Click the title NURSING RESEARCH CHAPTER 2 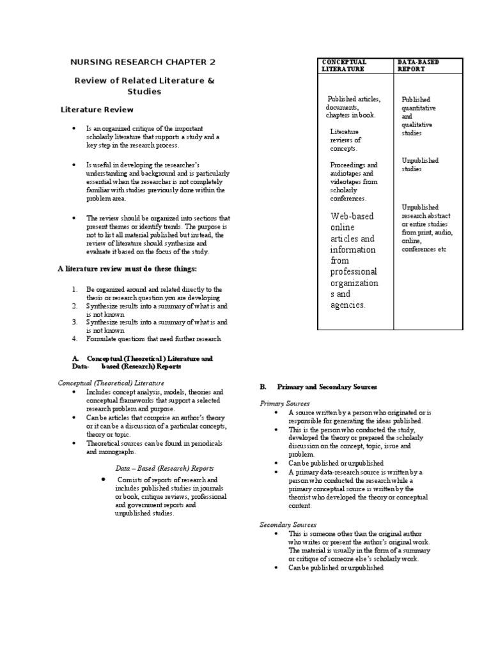click(x=143, y=62)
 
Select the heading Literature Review click(x=97, y=110)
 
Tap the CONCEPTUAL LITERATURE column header click(x=344, y=65)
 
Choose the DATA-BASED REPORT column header click(x=418, y=65)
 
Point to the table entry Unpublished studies click(x=419, y=165)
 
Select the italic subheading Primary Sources click(x=284, y=404)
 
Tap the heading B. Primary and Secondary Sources click(x=318, y=387)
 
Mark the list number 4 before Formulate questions click(x=75, y=338)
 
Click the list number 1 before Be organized click(x=75, y=289)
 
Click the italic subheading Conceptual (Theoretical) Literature click(x=111, y=382)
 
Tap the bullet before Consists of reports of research click(x=103, y=479)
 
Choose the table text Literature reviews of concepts click(x=345, y=140)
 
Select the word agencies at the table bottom click(x=347, y=305)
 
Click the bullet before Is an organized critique click(x=75, y=128)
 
